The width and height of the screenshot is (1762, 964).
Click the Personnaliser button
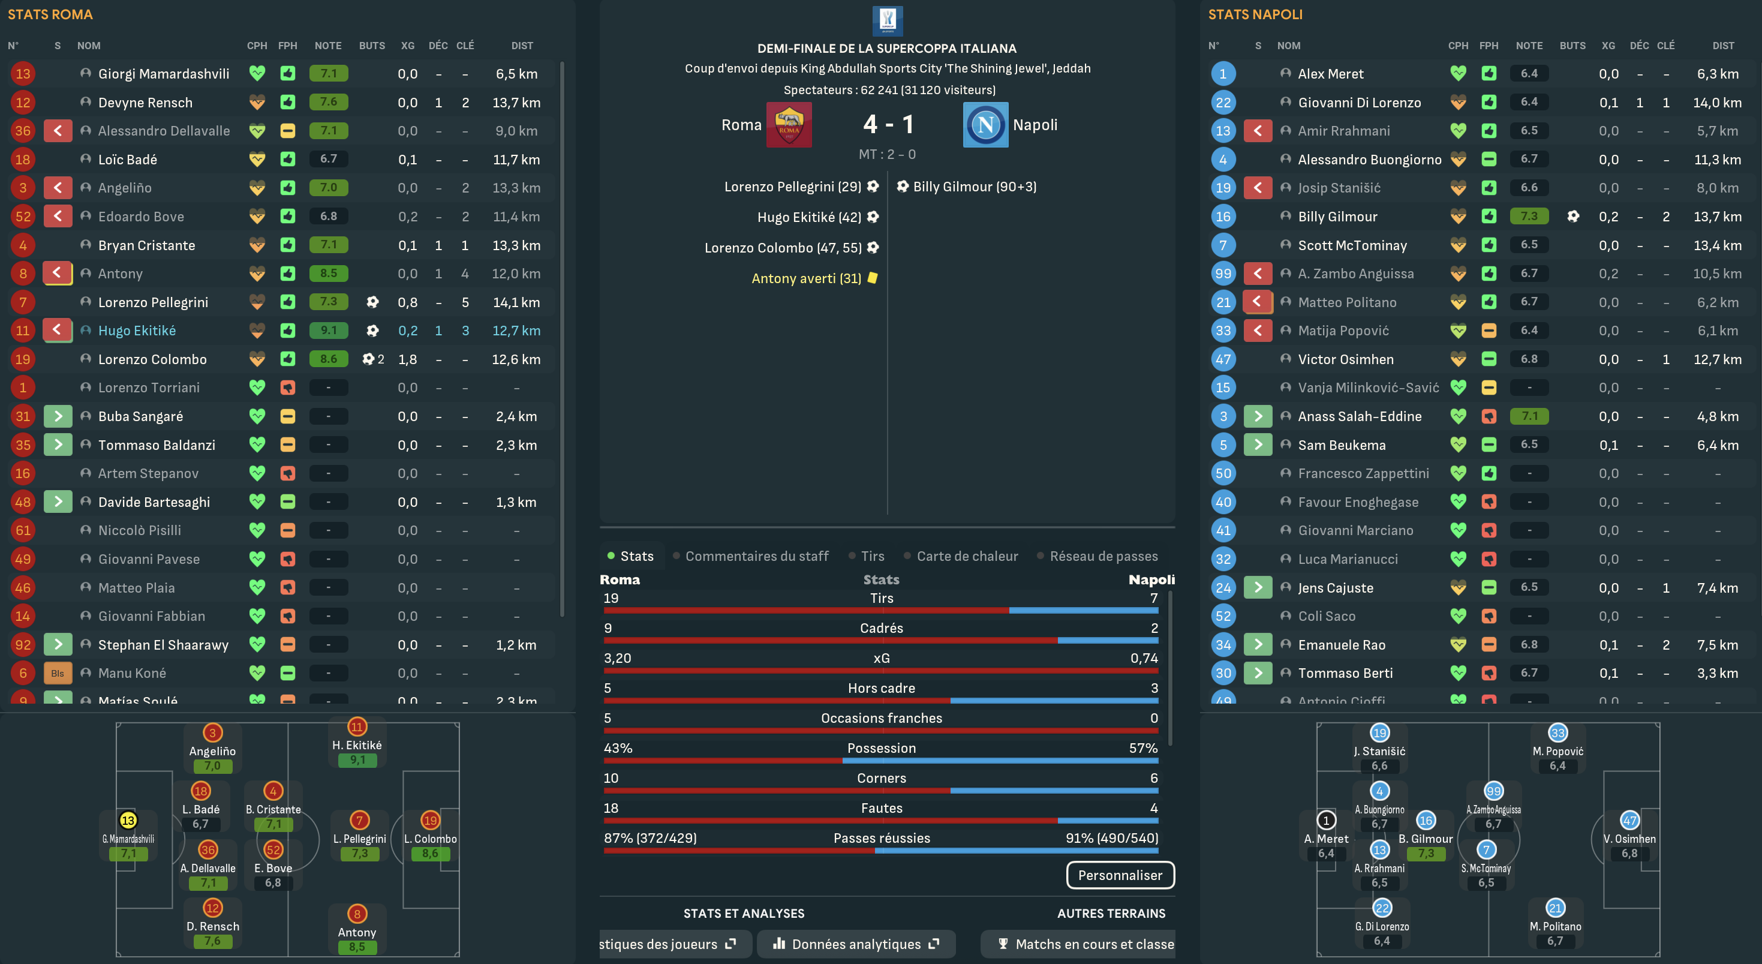pyautogui.click(x=1120, y=875)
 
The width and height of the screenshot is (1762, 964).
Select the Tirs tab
pyautogui.click(x=872, y=556)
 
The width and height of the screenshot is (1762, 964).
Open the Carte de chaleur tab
pyautogui.click(x=967, y=556)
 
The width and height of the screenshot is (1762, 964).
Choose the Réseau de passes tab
pyautogui.click(x=1103, y=556)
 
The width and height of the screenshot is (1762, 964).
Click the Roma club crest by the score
pyautogui.click(x=789, y=125)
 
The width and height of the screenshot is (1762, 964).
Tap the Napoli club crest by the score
pyautogui.click(x=985, y=125)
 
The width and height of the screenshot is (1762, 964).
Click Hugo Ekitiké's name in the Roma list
pyautogui.click(x=137, y=331)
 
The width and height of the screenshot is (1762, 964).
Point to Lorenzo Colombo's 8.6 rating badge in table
pyautogui.click(x=328, y=359)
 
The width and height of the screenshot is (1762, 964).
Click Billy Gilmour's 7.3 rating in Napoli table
pyautogui.click(x=1529, y=216)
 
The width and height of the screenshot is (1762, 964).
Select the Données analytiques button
pyautogui.click(x=856, y=944)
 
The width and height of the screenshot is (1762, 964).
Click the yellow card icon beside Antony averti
pyautogui.click(x=873, y=278)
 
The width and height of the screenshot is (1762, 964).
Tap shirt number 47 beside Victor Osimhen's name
pyautogui.click(x=1223, y=359)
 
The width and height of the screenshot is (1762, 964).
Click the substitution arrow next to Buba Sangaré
pyautogui.click(x=58, y=416)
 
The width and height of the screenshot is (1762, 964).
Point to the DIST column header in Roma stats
pyautogui.click(x=522, y=46)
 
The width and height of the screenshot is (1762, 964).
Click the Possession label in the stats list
pyautogui.click(x=881, y=748)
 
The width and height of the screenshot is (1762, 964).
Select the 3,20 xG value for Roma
pyautogui.click(x=617, y=658)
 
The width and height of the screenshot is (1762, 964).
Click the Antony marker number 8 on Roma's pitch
pyautogui.click(x=357, y=914)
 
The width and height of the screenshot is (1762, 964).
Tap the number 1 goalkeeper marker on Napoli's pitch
pyautogui.click(x=1325, y=819)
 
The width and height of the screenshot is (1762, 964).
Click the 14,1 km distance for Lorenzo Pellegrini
pyautogui.click(x=516, y=302)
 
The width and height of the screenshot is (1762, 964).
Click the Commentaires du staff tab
pyautogui.click(x=756, y=556)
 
